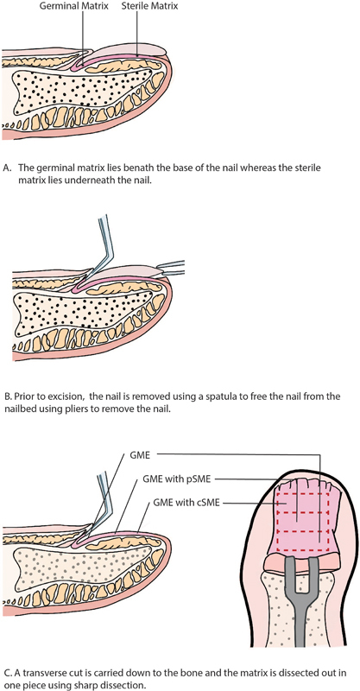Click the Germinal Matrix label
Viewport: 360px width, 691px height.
pos(74,7)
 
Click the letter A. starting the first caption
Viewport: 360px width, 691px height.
pos(6,168)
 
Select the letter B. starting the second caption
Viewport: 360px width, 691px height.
pos(6,396)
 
